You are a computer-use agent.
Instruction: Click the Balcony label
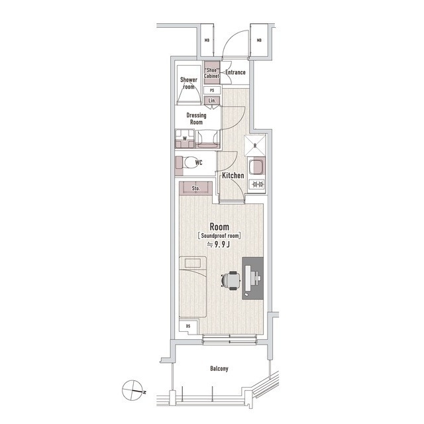tap(219, 368)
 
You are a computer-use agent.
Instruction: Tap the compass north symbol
tap(133, 390)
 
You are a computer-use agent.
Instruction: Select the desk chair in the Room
tap(231, 280)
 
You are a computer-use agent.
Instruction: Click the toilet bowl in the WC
tap(191, 162)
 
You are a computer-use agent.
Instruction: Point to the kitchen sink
tap(256, 167)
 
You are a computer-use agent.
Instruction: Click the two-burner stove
tap(257, 185)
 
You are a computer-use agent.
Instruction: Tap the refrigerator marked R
tap(255, 146)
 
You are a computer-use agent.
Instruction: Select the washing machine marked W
tap(185, 138)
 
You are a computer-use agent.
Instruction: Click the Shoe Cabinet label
tap(211, 73)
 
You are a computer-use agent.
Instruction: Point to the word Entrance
tap(235, 72)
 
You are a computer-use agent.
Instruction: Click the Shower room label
tap(189, 83)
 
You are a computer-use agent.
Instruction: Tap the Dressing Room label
tap(196, 119)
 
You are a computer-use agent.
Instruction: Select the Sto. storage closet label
tap(195, 188)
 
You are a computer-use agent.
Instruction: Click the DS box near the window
tap(188, 326)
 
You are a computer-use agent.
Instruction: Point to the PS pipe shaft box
tap(212, 90)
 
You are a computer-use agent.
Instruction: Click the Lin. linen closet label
tap(212, 100)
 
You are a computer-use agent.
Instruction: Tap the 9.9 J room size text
tap(219, 244)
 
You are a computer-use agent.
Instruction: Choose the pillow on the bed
tap(192, 263)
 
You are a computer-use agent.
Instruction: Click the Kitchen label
tap(233, 175)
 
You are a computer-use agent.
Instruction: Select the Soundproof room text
tap(219, 236)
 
